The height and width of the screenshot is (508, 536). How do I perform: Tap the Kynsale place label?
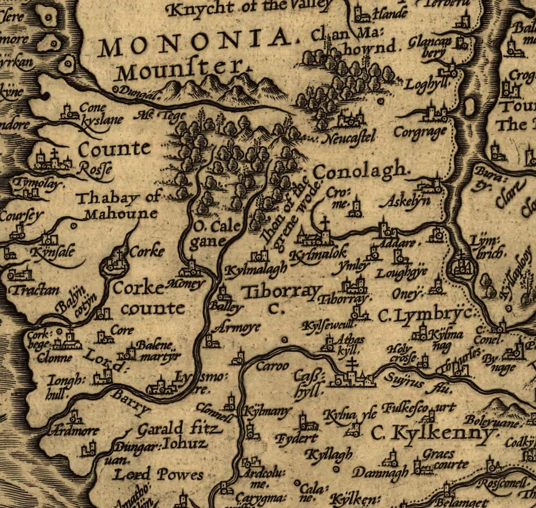(52, 252)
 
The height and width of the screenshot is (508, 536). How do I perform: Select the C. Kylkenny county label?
(433, 432)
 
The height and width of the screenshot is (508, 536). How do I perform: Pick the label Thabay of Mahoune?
(118, 206)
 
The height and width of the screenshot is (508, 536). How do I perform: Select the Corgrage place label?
(419, 132)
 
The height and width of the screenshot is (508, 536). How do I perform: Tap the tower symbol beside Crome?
(356, 208)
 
